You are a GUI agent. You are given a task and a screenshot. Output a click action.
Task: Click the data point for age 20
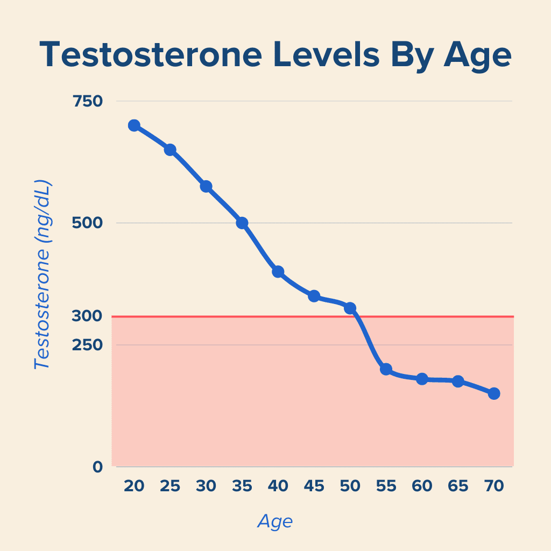[x=134, y=125]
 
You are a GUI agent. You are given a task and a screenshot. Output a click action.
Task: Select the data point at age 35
[x=242, y=223]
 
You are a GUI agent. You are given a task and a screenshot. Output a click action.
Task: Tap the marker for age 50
[x=350, y=308]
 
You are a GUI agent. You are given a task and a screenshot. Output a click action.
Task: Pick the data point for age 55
[x=386, y=369]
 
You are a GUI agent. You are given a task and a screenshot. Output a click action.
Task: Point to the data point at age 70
[x=494, y=393]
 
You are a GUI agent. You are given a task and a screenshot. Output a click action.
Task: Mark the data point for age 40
[x=278, y=272]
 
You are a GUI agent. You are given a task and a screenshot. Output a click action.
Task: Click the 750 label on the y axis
[x=87, y=101]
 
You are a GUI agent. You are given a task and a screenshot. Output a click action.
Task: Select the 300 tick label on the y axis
[x=87, y=316]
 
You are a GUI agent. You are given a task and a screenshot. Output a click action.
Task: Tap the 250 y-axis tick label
[x=87, y=344]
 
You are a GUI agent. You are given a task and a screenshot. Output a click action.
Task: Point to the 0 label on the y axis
[x=97, y=467]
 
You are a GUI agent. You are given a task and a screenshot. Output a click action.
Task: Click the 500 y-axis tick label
[x=87, y=223]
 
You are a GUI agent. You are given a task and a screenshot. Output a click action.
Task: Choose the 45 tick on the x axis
[x=314, y=486]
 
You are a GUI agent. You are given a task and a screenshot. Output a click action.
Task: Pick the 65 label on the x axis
[x=458, y=486]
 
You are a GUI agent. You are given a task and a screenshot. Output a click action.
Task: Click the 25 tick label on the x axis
[x=170, y=486]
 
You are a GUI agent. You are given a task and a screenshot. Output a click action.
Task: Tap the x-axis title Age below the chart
[x=275, y=521]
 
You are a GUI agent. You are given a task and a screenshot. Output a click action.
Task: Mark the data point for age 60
[x=422, y=379]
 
